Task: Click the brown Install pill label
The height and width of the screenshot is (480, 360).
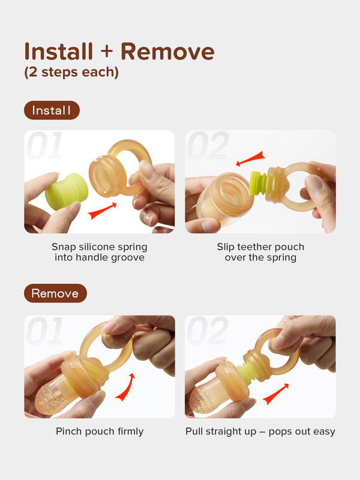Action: point(52,110)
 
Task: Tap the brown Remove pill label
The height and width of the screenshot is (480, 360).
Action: point(55,293)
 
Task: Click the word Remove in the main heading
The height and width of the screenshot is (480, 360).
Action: point(167,52)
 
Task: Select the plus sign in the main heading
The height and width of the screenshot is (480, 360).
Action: point(107,52)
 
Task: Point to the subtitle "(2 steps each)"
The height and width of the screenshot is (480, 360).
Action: point(71,72)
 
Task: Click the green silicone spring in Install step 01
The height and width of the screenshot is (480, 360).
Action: point(67,191)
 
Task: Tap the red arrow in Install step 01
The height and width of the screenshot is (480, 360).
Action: point(102,211)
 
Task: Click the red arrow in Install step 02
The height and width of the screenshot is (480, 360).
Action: point(250,159)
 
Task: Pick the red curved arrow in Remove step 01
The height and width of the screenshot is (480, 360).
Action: point(126,388)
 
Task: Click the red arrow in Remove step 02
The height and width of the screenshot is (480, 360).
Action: point(275,394)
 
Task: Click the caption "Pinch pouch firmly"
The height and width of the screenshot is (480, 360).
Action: point(100,431)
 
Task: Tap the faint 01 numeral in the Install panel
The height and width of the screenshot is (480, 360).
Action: point(44,146)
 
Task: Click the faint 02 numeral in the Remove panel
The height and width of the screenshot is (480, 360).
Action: point(208,331)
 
